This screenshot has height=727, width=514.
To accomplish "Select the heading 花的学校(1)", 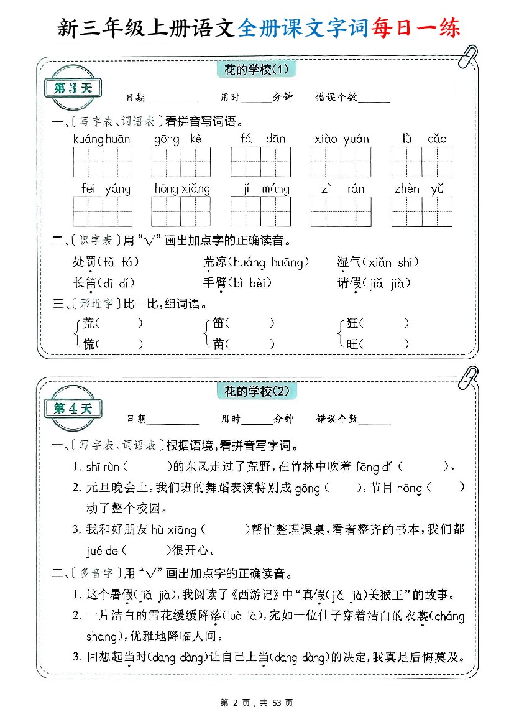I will (x=256, y=69).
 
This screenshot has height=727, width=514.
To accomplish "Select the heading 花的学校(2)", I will (x=257, y=391).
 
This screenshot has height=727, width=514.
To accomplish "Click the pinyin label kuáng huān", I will (x=102, y=139).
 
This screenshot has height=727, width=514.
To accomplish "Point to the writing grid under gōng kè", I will (x=181, y=162).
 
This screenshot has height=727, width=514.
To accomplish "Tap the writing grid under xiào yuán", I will (x=341, y=162).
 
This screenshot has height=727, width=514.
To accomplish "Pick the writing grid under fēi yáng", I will (x=103, y=211).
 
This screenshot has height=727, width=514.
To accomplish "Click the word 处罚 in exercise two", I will (x=84, y=262).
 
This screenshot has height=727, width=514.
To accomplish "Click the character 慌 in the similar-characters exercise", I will (x=89, y=343).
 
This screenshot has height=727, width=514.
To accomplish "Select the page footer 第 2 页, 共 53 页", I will (x=257, y=703).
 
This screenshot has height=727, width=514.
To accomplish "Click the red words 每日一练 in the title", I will (x=416, y=28).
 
